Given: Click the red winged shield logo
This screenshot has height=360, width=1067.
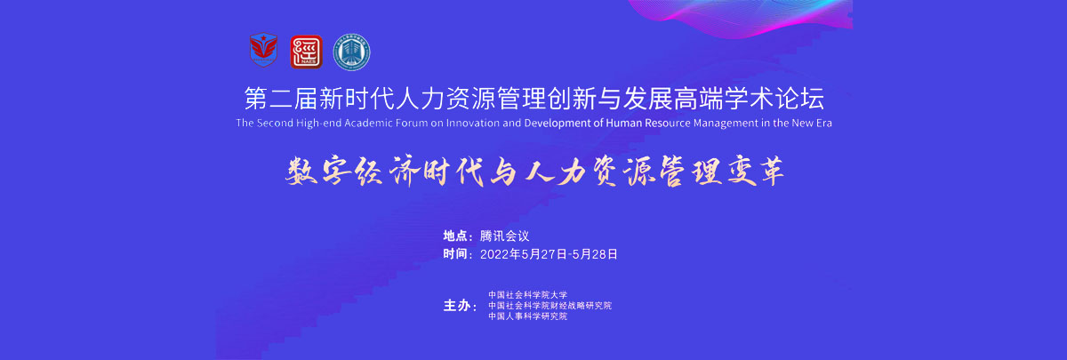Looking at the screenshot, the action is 263,50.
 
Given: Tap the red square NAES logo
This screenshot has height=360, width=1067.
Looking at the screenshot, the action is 306,52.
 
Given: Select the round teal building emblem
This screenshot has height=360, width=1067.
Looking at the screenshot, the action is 351,52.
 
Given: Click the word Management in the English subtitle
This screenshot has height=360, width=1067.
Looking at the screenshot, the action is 725,124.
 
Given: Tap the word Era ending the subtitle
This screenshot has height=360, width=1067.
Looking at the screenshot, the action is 823,123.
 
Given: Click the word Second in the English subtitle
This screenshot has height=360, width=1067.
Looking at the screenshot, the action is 275,123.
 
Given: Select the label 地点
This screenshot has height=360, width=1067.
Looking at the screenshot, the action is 455,236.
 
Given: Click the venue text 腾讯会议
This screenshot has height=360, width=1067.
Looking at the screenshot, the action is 504,236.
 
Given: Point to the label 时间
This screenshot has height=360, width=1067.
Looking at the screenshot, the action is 455,254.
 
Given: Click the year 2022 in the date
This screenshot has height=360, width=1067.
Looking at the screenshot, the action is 494,254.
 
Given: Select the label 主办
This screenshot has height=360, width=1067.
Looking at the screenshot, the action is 456,306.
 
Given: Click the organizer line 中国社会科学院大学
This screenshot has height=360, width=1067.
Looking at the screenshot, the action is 528,295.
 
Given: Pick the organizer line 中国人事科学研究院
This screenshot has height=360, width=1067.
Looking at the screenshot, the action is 528,316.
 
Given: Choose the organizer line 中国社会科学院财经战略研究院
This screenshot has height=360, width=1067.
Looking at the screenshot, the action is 550,306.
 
